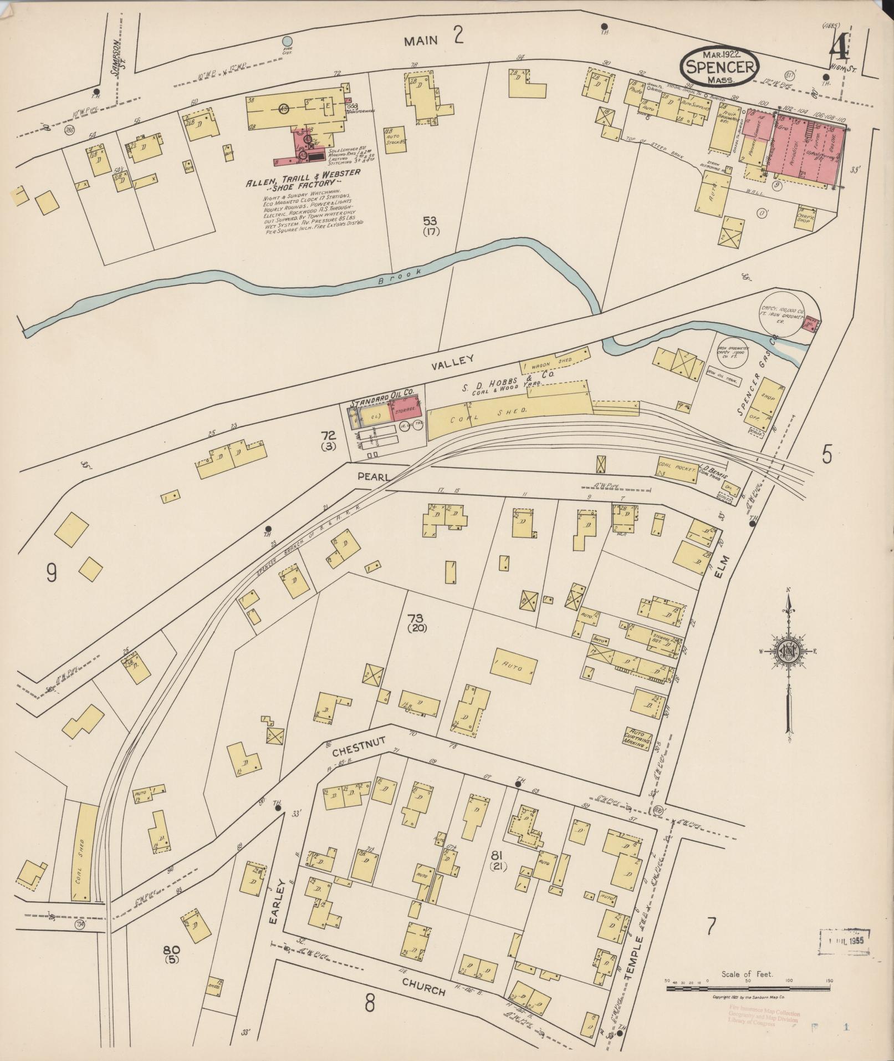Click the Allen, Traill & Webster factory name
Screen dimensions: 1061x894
tap(304, 177)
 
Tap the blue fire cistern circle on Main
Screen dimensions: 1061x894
tap(287, 41)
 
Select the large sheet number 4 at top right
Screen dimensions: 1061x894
tap(838, 50)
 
